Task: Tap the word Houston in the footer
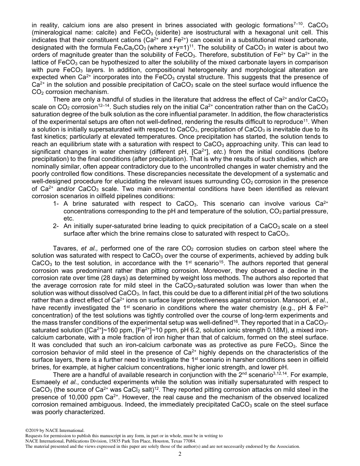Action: click(165, 441)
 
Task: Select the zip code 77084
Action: click(188, 441)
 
